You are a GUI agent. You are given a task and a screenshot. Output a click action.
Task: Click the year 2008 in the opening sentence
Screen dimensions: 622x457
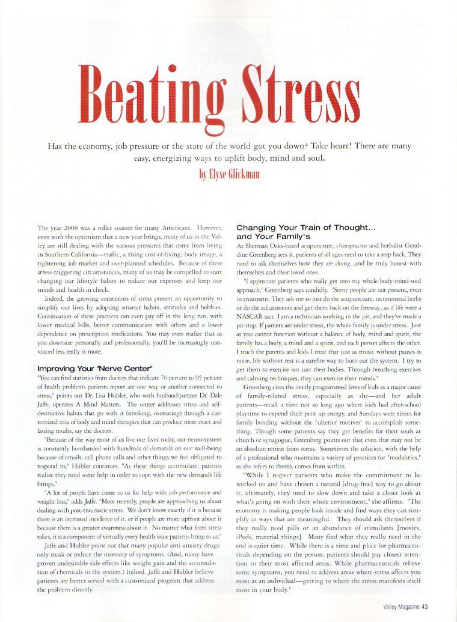[x=67, y=229]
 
